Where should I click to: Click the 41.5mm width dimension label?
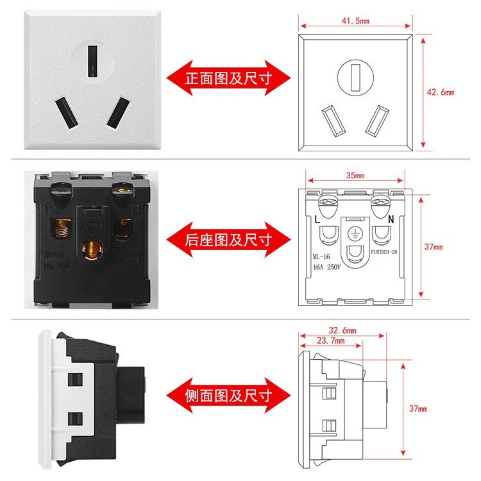pyautogui.click(x=355, y=21)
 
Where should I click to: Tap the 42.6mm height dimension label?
pyautogui.click(x=441, y=92)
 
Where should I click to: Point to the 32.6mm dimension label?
pyautogui.click(x=342, y=330)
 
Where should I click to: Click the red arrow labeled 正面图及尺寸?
pyautogui.click(x=228, y=79)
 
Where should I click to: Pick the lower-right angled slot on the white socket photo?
pyautogui.click(x=117, y=113)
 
